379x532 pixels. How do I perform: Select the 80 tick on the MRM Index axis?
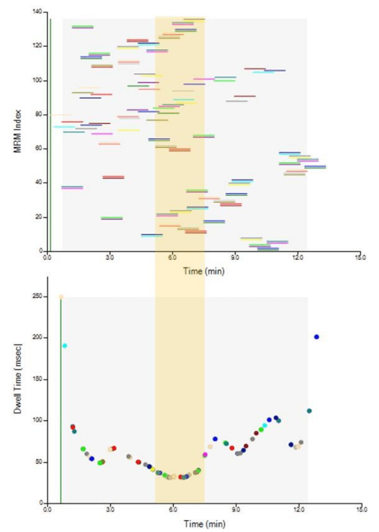[x=39, y=114]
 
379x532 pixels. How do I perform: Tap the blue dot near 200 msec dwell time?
[x=316, y=337]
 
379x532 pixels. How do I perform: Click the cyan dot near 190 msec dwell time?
[x=64, y=345]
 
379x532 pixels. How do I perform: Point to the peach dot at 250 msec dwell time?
[x=61, y=297]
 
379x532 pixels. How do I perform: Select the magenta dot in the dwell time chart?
[x=205, y=454]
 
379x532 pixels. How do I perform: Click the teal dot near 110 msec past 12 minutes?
[x=309, y=411]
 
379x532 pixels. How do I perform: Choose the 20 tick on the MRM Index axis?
[x=39, y=217]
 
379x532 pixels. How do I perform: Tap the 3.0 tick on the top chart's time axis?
[x=110, y=257]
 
